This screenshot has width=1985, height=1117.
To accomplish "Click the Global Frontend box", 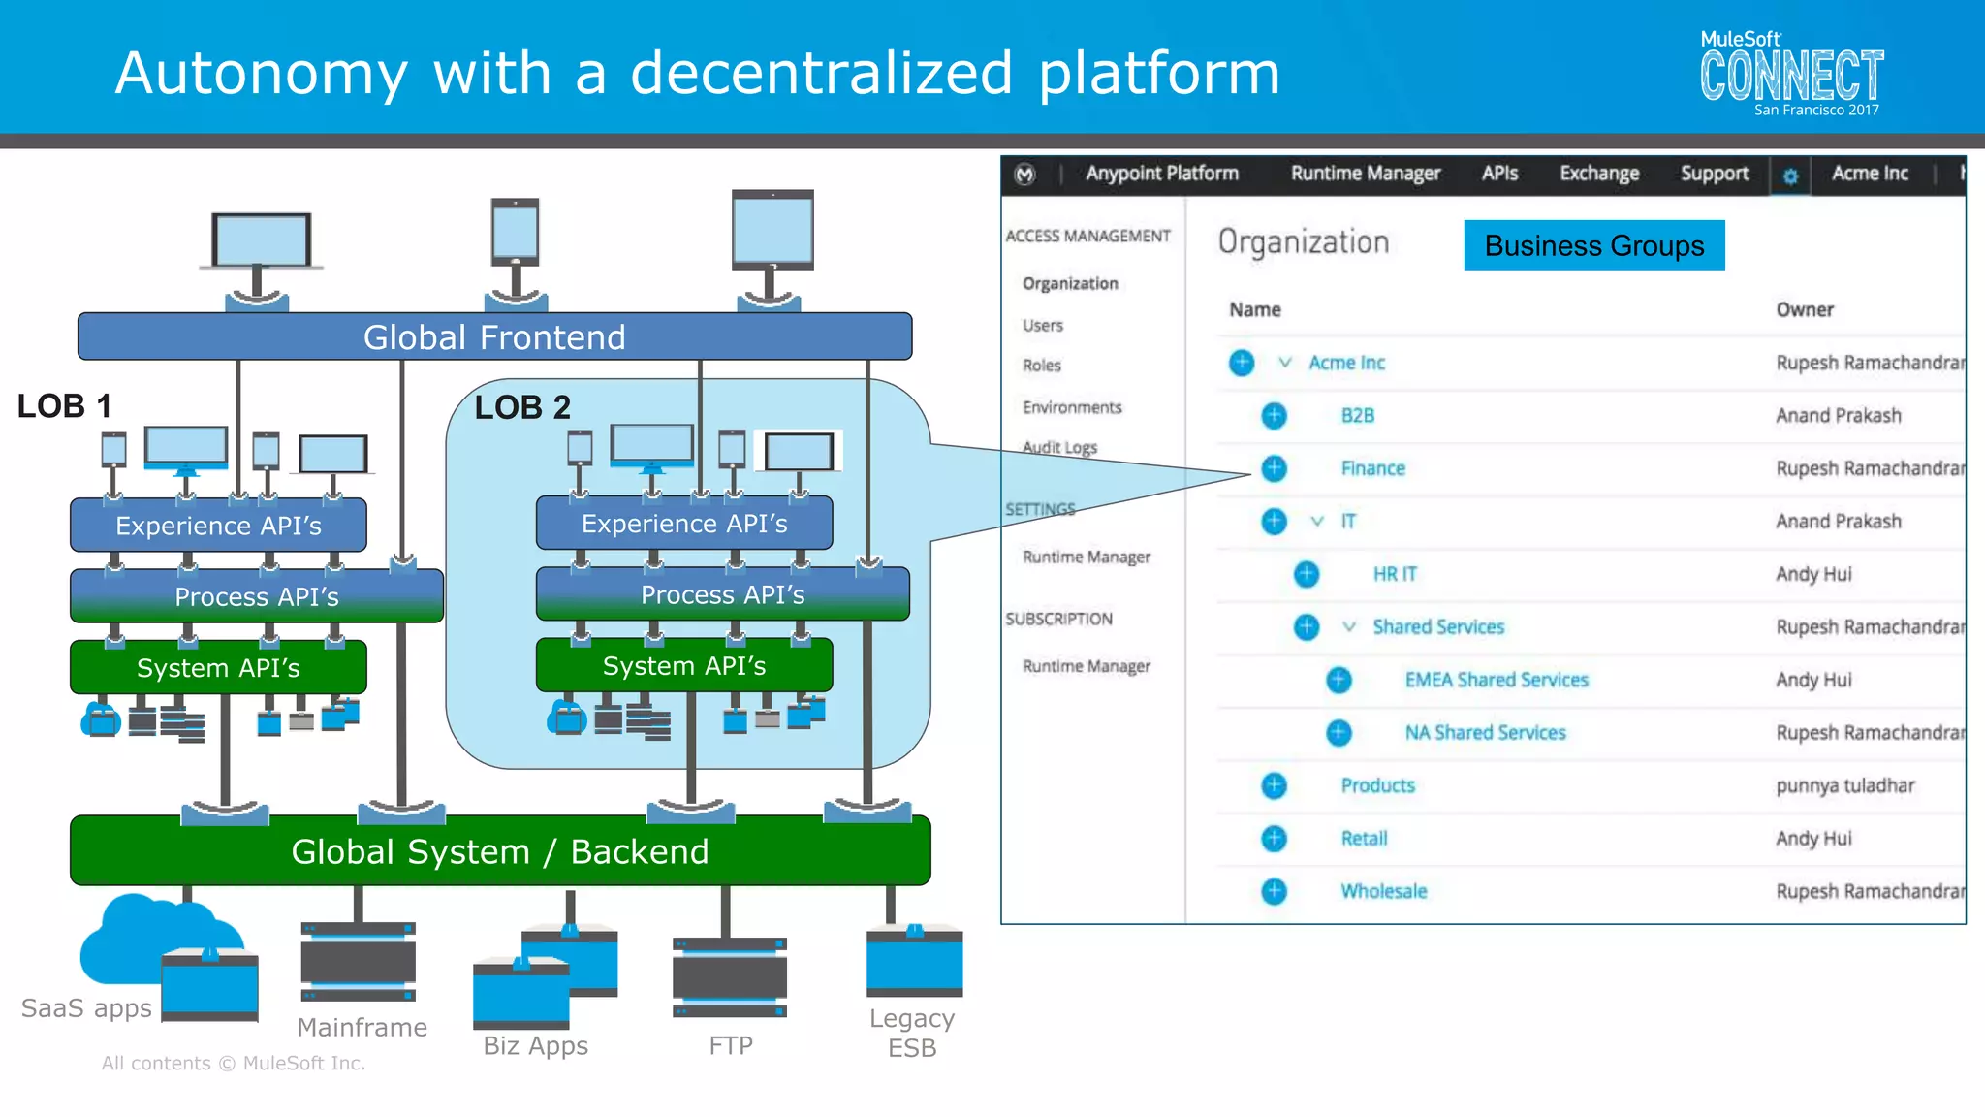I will click(x=494, y=336).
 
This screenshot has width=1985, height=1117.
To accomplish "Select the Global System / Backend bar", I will click(x=500, y=851).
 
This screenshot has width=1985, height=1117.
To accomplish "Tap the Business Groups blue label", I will click(x=1593, y=245).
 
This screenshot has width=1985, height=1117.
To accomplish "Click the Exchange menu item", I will click(x=1598, y=174).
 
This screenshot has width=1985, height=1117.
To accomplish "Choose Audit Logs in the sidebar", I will click(x=1059, y=447).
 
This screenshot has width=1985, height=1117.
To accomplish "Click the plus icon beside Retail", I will click(x=1274, y=839).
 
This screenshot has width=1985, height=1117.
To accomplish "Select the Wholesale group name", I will click(x=1383, y=891).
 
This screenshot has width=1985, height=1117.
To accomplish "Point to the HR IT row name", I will click(x=1394, y=574).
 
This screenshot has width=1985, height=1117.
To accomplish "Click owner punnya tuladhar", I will click(x=1844, y=785).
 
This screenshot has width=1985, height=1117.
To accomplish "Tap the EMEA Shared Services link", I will click(x=1496, y=680).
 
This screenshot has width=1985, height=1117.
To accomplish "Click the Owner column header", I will click(x=1804, y=309).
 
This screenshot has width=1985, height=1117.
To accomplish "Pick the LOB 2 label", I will click(x=522, y=407).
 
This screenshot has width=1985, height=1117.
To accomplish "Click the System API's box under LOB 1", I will click(x=218, y=667).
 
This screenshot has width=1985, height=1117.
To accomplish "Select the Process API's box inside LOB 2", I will click(x=722, y=594).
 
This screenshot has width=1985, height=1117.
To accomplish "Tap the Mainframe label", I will click(x=362, y=1027).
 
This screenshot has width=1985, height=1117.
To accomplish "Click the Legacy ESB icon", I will click(x=914, y=960).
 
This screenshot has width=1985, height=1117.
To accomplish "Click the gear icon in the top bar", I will click(x=1790, y=176).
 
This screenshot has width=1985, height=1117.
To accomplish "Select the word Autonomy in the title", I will click(x=261, y=73).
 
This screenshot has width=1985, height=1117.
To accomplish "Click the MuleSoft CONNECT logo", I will click(x=1791, y=74).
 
